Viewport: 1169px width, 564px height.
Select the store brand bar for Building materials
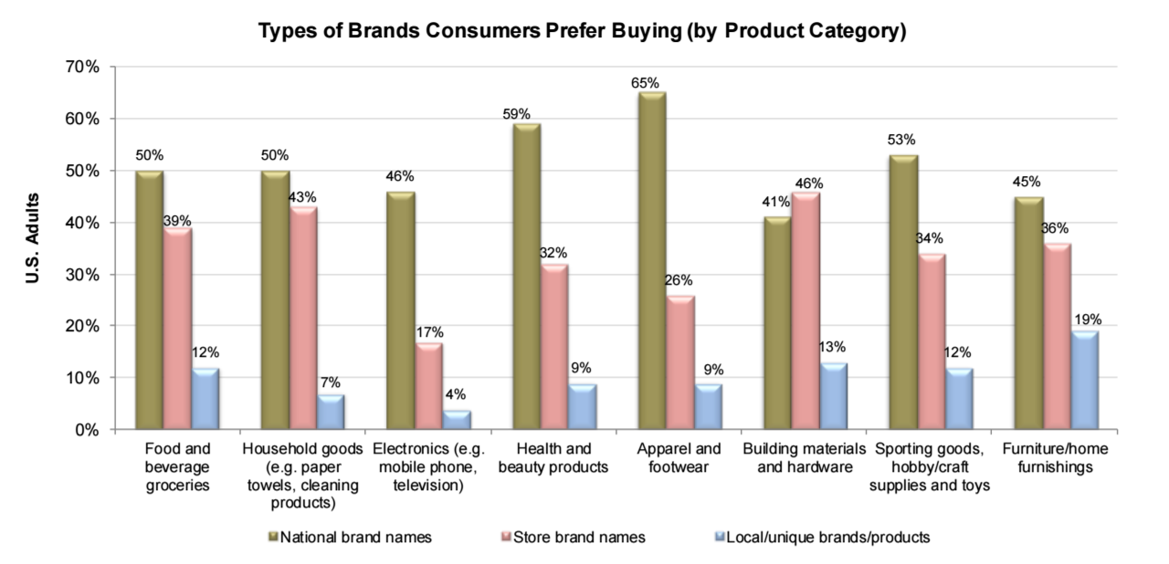pos(806,310)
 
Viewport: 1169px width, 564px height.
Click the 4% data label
pos(454,394)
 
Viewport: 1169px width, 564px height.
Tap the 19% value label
pos(1088,319)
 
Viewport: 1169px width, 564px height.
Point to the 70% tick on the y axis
pos(79,68)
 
